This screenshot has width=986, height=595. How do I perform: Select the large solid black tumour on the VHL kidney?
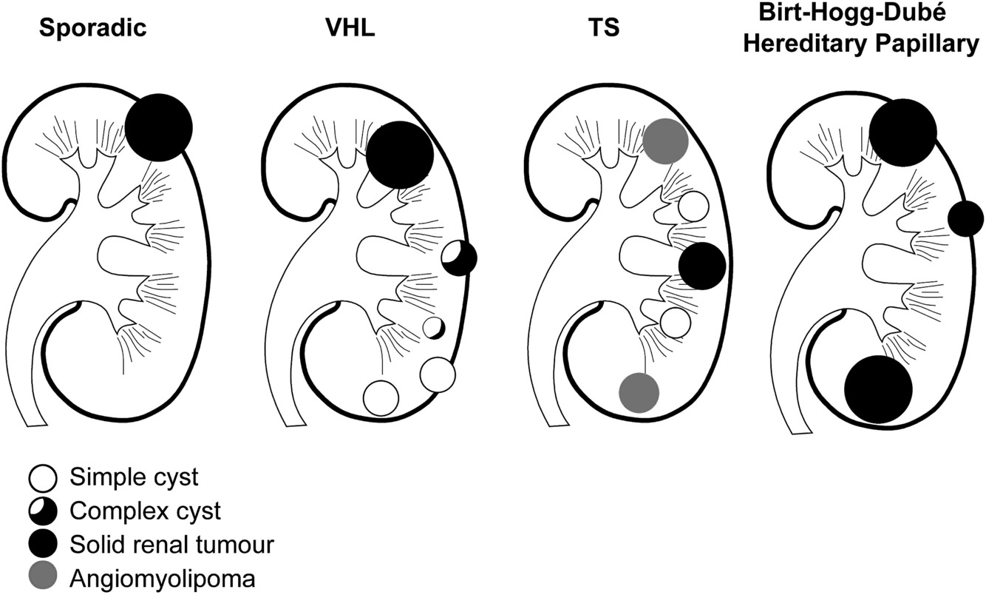(399, 155)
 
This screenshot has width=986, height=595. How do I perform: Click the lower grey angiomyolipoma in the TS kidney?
(639, 391)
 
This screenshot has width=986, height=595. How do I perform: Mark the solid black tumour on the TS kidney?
(701, 266)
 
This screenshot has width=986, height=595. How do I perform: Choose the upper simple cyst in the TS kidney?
(693, 206)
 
